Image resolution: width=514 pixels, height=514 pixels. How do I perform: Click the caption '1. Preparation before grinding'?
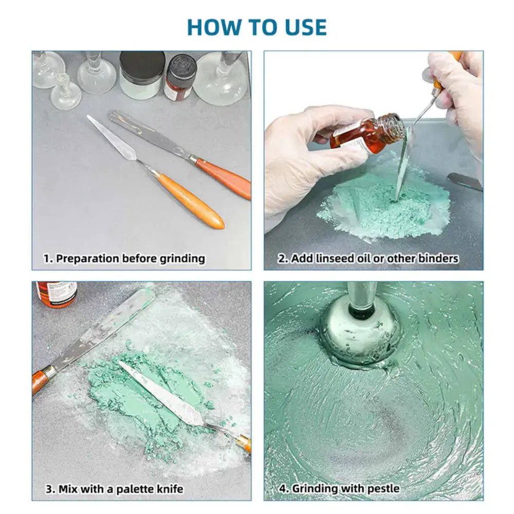click(x=124, y=259)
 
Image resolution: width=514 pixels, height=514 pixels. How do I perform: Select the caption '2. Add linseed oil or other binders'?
click(x=368, y=259)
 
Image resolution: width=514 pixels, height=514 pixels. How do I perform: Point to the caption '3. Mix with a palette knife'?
click(x=115, y=489)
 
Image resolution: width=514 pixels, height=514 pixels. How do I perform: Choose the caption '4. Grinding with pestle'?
click(x=339, y=488)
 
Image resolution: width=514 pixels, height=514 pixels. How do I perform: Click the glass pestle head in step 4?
click(x=360, y=333)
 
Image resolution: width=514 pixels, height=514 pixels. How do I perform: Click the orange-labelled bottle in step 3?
click(x=57, y=293)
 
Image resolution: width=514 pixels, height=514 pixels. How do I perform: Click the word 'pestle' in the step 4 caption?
click(x=383, y=489)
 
